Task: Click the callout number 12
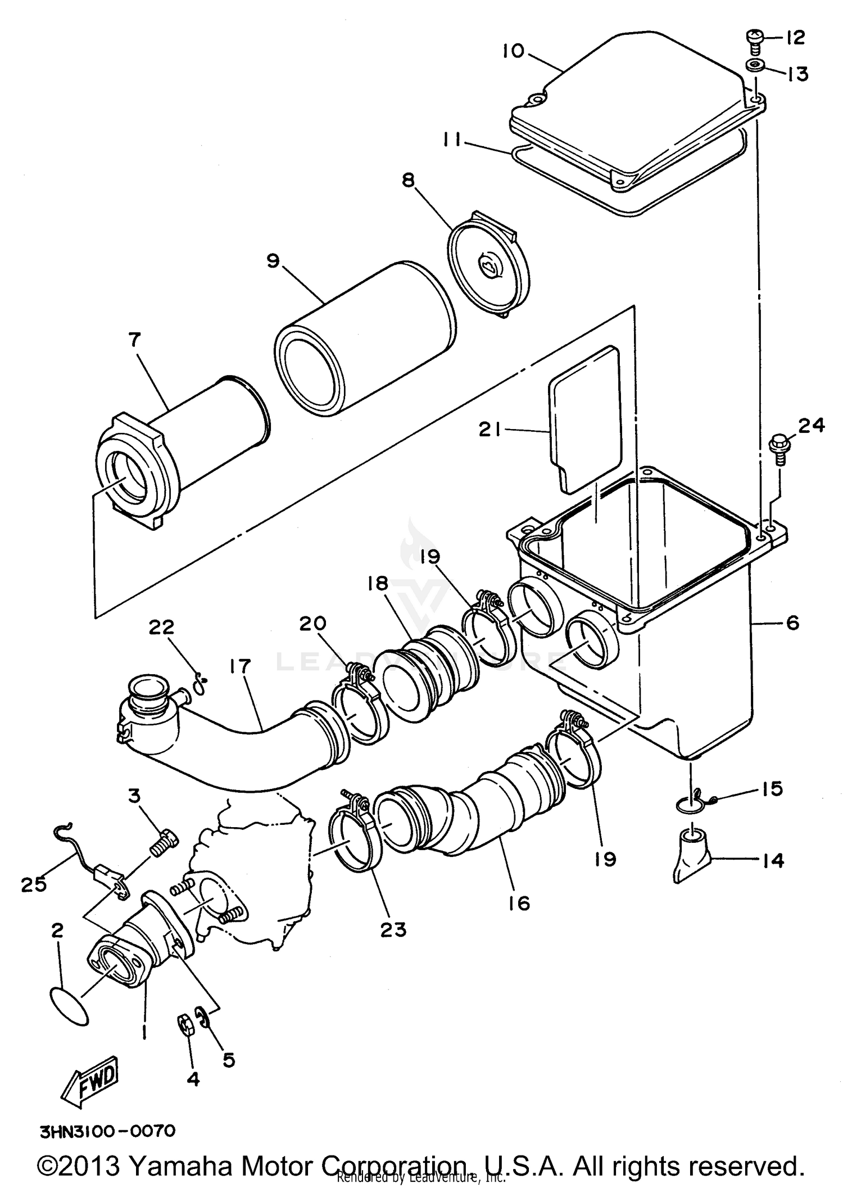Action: coord(795,38)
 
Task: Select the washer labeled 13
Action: coord(753,67)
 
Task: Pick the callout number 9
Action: coord(273,261)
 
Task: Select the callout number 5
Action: coord(228,1060)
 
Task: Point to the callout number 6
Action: coord(792,623)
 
